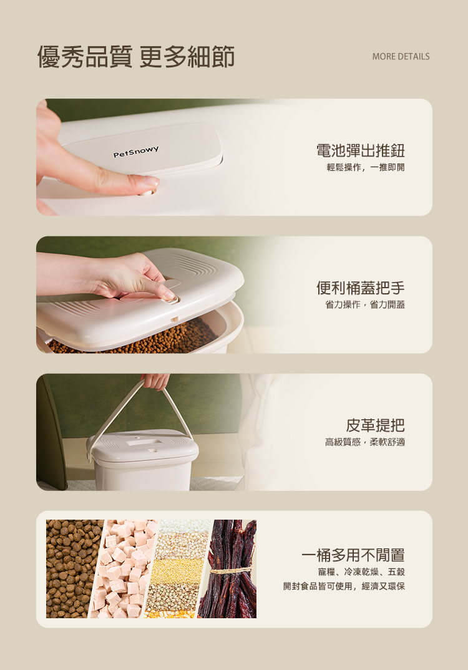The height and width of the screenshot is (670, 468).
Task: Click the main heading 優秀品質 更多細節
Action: [x=136, y=56]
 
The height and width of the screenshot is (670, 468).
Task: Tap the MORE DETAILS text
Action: [x=401, y=56]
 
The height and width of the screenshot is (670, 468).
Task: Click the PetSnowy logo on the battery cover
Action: [x=136, y=151]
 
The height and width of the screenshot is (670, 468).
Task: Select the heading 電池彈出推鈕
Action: [x=360, y=150]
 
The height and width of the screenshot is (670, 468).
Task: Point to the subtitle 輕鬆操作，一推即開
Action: [x=366, y=167]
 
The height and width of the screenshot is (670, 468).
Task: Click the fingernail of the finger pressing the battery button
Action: [x=151, y=181]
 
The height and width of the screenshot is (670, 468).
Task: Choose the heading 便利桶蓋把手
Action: [x=360, y=288]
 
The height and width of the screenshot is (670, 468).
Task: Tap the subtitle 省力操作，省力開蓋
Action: [x=365, y=304]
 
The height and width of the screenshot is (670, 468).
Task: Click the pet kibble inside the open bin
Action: [x=137, y=340]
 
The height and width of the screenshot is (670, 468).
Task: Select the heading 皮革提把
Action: [x=375, y=425]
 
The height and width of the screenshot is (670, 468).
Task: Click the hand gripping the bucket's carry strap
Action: [x=155, y=381]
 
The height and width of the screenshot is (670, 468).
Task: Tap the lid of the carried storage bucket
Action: [x=143, y=444]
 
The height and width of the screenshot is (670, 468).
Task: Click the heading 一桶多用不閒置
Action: [x=353, y=555]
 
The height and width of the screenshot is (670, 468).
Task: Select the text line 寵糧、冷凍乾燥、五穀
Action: [x=361, y=571]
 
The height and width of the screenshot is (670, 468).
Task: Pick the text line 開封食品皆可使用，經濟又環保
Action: [x=344, y=586]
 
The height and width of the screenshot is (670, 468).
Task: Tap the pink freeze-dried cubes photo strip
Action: [x=124, y=569]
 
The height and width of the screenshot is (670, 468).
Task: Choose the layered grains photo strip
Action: [x=177, y=569]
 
